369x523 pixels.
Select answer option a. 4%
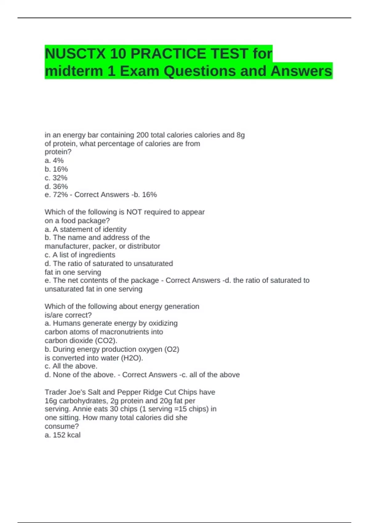point(54,161)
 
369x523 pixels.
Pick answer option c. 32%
point(56,178)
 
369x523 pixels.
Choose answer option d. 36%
point(56,186)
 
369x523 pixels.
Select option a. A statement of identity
point(85,229)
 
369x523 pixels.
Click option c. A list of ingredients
point(80,255)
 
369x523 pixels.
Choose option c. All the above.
point(71,366)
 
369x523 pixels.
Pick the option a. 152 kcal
point(63,435)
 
